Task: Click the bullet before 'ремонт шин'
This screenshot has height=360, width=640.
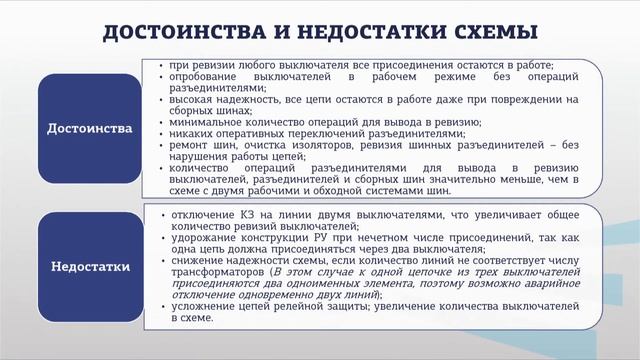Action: point(161,145)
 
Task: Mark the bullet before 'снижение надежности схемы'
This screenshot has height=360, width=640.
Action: point(161,260)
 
